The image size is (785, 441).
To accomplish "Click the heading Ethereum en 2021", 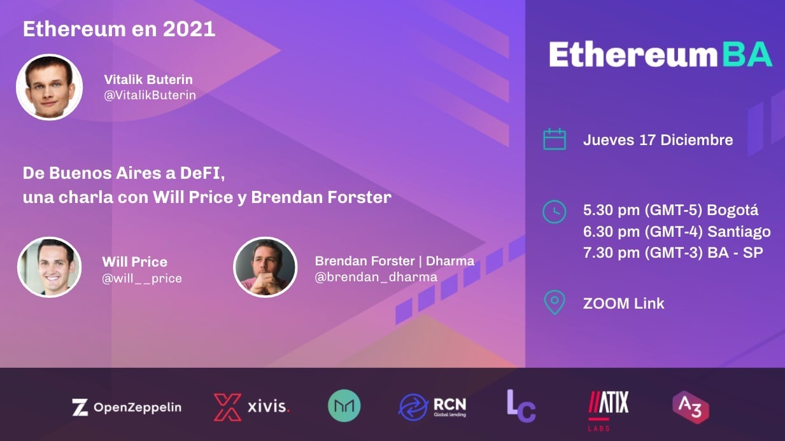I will [x=119, y=29].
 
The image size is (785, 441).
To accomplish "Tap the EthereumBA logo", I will [x=660, y=55].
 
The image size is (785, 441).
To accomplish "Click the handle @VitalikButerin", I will [x=150, y=95].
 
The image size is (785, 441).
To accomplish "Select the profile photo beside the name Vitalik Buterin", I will [x=50, y=87].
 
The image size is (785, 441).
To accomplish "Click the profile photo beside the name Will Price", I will [x=49, y=267].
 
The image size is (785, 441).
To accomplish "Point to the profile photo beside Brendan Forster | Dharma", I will [x=265, y=267].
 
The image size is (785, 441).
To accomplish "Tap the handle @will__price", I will [x=142, y=278].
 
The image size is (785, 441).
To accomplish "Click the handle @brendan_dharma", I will [x=376, y=277].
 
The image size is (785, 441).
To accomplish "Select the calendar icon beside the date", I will [x=555, y=139].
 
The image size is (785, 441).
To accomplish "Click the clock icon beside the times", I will [x=554, y=211].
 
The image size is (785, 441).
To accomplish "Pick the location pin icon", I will [x=555, y=303].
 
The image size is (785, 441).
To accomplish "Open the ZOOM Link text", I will [x=623, y=304].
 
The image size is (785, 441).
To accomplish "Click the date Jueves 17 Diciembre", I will [x=658, y=140].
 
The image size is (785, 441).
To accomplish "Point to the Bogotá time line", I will [x=670, y=210].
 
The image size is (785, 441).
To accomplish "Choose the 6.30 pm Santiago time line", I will [x=677, y=231].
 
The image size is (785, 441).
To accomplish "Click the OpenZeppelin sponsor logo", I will [x=127, y=407].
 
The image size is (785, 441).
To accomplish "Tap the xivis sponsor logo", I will [x=252, y=407].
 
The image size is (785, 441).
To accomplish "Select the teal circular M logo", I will [x=344, y=406].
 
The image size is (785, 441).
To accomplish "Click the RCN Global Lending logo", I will [x=433, y=407].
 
